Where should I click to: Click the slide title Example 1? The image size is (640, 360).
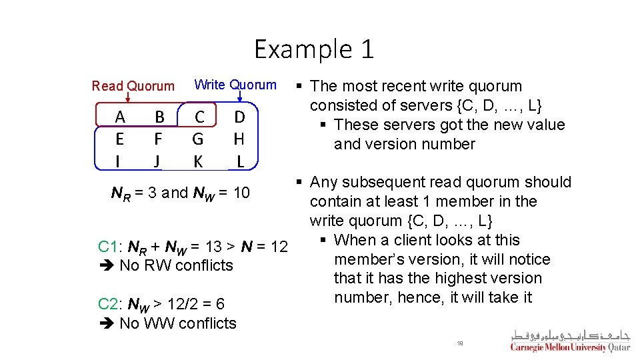[314, 50]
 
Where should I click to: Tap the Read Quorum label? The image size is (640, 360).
[133, 86]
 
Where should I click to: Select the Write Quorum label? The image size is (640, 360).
[235, 85]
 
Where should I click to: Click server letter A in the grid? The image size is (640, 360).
[120, 117]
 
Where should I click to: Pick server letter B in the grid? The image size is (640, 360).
[159, 117]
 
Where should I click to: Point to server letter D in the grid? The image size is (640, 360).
[240, 117]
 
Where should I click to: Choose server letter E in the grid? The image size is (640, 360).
[120, 139]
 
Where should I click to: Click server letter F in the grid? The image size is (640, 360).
[158, 139]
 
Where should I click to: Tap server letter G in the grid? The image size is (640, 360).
[198, 139]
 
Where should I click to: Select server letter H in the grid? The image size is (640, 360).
[240, 139]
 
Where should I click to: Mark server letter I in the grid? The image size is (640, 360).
[119, 161]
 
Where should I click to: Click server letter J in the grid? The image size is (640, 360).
[157, 161]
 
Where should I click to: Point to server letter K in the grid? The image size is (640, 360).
[198, 161]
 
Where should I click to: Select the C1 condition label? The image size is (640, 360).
[107, 247]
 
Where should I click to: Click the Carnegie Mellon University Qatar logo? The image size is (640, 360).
[570, 341]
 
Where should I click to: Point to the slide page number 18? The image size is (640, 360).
[460, 343]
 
